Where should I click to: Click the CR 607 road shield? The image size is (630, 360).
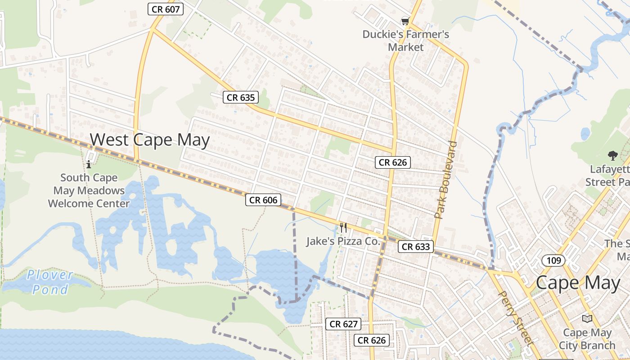[x=166, y=9]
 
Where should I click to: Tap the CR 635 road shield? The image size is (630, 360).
[x=241, y=97]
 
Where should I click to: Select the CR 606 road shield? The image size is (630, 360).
[x=263, y=200]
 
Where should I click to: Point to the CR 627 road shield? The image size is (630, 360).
[x=344, y=324]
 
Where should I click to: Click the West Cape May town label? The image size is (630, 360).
[x=150, y=140]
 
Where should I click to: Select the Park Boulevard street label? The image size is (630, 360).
[x=446, y=180]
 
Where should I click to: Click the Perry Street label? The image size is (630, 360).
[x=516, y=317]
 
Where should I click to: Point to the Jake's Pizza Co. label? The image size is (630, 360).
[x=343, y=241]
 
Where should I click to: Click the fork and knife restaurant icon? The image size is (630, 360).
[x=343, y=228]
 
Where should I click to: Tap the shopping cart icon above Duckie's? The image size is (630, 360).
[x=405, y=21]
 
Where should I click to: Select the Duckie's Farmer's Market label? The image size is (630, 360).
[x=405, y=40]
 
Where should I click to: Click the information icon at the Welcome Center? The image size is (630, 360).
[x=89, y=164]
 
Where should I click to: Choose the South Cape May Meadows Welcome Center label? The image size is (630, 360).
[x=89, y=190]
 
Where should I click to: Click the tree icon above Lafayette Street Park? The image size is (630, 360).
[x=612, y=156]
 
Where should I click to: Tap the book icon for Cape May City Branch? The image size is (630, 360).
[x=587, y=319]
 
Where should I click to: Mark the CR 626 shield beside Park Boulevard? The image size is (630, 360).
[x=392, y=162]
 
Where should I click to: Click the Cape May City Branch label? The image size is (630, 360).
[x=587, y=339]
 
